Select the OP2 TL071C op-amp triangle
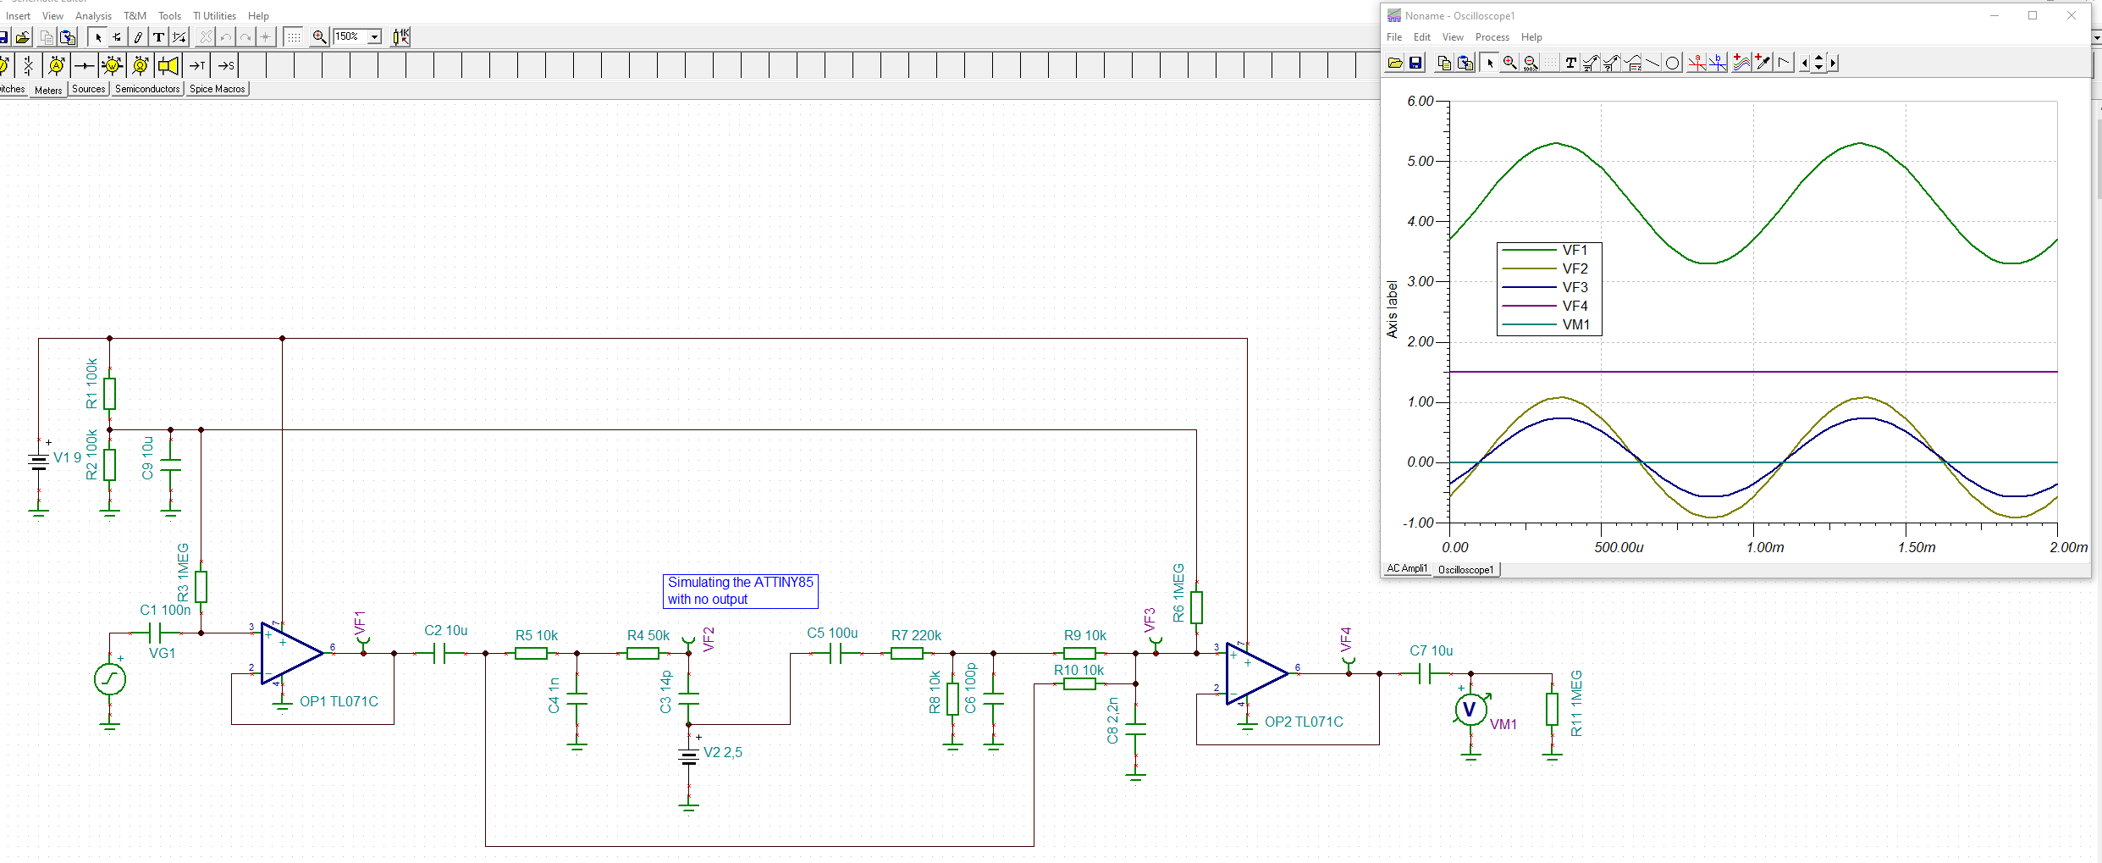pos(1255,673)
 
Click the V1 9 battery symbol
pos(39,462)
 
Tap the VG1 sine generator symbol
pos(110,679)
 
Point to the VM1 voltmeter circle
pos(1470,710)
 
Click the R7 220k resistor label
pos(916,635)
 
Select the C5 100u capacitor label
pos(832,633)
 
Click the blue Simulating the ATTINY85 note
pos(740,590)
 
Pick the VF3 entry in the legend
pos(1575,287)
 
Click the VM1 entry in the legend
pos(1575,324)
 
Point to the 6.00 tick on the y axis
pos(1420,101)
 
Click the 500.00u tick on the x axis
pos(1619,547)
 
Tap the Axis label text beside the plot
pos(1392,309)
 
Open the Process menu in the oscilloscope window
pos(1492,37)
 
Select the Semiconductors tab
pos(147,89)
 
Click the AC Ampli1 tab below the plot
pos(1406,568)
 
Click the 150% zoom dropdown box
pos(356,36)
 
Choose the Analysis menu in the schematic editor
pos(93,16)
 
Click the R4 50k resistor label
pos(648,635)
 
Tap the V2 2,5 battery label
pos(722,752)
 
